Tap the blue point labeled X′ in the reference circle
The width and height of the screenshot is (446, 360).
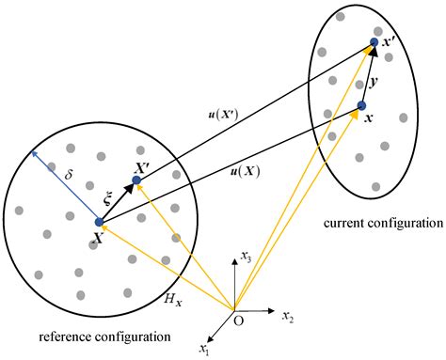tap(136, 180)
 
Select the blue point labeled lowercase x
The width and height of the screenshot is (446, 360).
tap(362, 105)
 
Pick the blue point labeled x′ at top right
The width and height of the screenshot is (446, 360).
tap(374, 42)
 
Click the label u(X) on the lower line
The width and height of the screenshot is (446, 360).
tap(246, 173)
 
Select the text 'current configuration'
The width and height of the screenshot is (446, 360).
tap(382, 224)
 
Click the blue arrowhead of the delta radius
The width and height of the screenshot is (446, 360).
tap(32, 151)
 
